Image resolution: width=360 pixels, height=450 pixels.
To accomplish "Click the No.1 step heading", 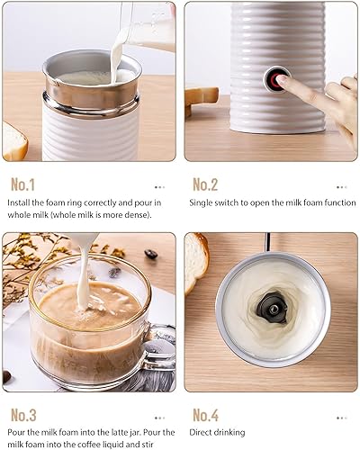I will click(22, 184).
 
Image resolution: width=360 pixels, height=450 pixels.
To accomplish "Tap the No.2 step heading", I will click(205, 184).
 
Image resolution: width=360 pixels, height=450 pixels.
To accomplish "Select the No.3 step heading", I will click(23, 415).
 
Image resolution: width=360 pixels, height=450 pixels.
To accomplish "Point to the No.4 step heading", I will click(206, 415).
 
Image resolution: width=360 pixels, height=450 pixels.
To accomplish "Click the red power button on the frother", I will click(274, 79).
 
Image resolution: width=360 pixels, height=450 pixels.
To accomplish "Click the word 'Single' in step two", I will click(203, 202).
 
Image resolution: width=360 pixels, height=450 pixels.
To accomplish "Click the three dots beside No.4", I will click(341, 418).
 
